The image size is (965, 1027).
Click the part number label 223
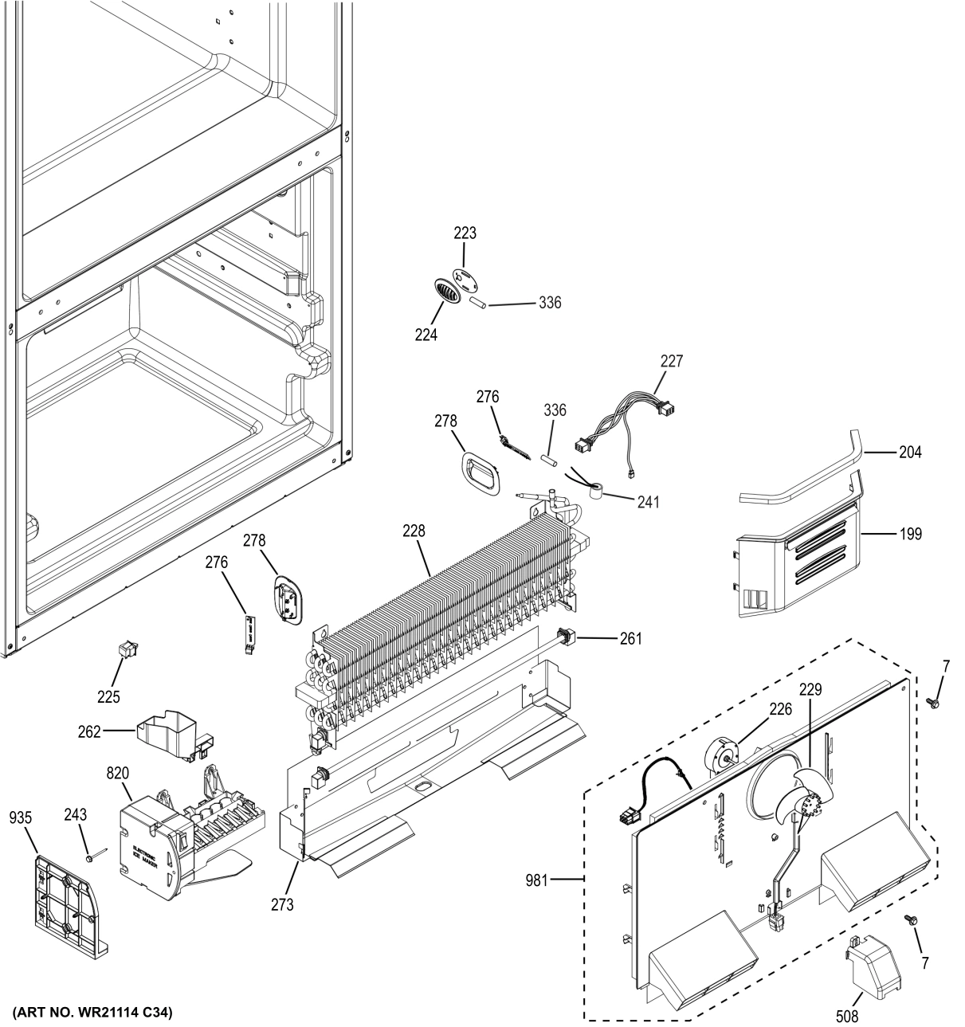(465, 233)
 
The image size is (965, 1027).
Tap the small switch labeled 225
(126, 653)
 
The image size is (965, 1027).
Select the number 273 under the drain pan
(282, 904)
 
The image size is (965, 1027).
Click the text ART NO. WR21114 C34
(92, 1012)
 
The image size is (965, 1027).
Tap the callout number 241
(648, 502)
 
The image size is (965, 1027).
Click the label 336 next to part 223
(549, 303)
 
